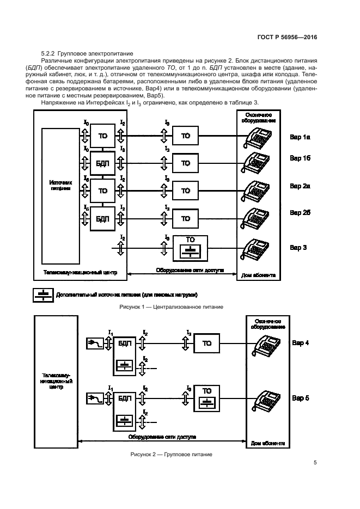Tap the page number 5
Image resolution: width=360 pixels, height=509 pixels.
pos(315,463)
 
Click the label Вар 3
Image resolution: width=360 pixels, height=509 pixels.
pos(298,248)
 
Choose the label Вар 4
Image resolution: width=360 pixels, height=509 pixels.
pos(300,343)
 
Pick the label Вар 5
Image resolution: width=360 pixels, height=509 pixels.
pos(300,398)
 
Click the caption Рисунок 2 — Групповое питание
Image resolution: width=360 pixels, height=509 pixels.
pos(170,453)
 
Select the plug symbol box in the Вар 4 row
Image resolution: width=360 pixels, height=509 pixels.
pos(95,343)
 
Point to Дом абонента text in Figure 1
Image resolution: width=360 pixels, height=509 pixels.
pos(259,275)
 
